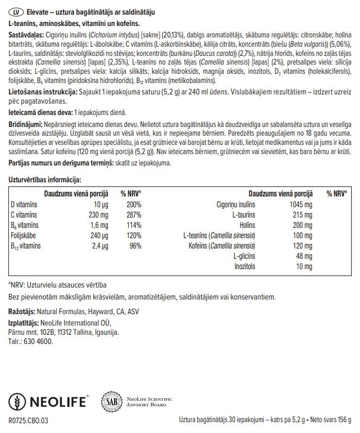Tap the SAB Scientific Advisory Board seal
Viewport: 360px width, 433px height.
click(111, 402)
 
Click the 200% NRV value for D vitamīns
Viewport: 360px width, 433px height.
click(134, 204)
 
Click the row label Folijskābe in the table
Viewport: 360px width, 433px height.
click(25, 235)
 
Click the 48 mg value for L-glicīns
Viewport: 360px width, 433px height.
click(304, 256)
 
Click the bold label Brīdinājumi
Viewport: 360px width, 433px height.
click(25, 124)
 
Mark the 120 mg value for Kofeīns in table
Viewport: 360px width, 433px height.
click(302, 245)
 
